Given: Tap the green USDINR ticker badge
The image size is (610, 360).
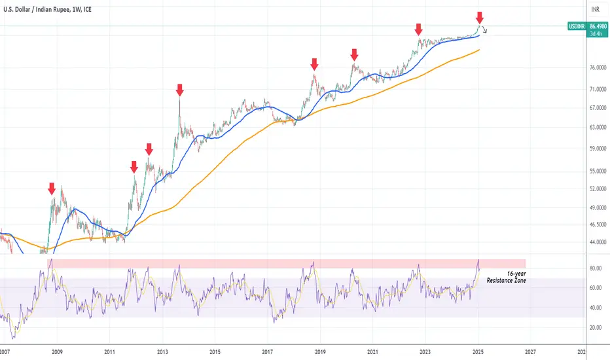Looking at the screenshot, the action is point(577,26).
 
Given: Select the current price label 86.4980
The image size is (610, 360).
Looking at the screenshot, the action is point(598,26).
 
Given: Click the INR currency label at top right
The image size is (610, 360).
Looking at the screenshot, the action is point(595,9).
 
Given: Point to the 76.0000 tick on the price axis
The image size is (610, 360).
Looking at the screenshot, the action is point(598,67).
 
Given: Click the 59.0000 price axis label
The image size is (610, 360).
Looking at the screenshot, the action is point(598,149).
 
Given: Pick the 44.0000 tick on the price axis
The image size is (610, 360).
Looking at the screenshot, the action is point(598,242).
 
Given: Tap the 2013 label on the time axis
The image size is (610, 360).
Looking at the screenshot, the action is point(162,352).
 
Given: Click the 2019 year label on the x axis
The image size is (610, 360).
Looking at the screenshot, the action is point(320,352).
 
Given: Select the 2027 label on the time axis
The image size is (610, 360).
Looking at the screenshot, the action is point(530,352).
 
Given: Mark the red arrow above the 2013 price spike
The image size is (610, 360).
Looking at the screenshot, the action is point(179,90).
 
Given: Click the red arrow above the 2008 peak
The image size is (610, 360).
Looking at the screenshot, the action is point(52,189).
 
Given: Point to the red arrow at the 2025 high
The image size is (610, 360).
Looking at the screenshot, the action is point(480,18).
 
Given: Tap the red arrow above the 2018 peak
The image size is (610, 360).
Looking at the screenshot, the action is point(314,65).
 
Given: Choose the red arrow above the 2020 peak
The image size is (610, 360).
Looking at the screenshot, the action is point(354,55).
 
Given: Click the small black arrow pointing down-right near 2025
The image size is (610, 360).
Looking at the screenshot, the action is point(484,29).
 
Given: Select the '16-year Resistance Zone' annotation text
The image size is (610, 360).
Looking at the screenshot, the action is point(506,277).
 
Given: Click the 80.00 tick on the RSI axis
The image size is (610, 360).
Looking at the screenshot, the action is point(596,268).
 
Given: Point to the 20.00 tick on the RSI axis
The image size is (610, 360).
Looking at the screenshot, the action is point(596,328).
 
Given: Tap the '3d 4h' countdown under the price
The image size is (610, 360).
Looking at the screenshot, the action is point(596,34).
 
